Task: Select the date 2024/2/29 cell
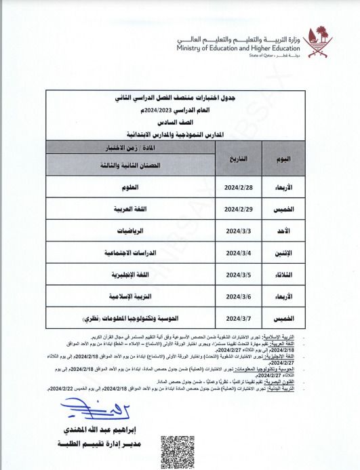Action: point(237,208)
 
